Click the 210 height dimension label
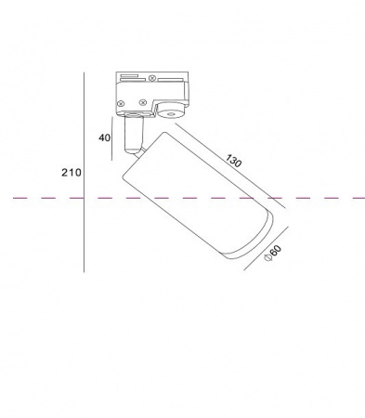pyautogui.click(x=72, y=172)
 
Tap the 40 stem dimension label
pyautogui.click(x=104, y=137)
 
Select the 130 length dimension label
pyautogui.click(x=233, y=161)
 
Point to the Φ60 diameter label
pyautogui.click(x=273, y=254)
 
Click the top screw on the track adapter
pyautogui.click(x=151, y=78)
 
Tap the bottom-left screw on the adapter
pyautogui.click(x=122, y=103)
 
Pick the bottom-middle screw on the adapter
pyautogui.click(x=142, y=102)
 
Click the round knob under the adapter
pyautogui.click(x=171, y=112)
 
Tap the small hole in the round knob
pyautogui.click(x=170, y=115)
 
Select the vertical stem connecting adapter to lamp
pyautogui.click(x=134, y=135)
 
